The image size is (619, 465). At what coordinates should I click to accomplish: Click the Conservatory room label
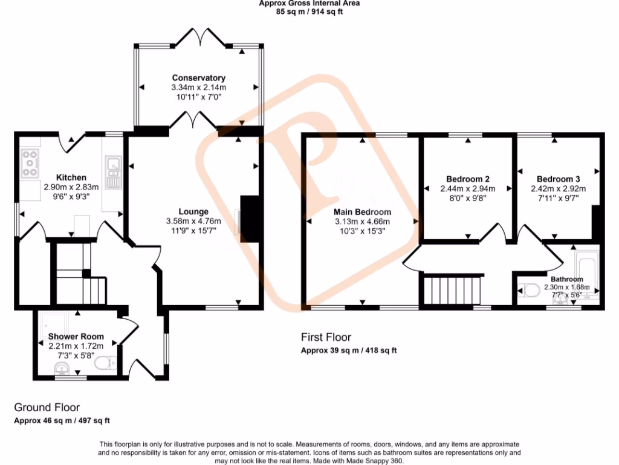click(x=198, y=78)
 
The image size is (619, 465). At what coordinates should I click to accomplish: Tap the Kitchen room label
click(x=71, y=177)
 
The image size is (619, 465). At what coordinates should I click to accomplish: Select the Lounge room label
click(x=193, y=212)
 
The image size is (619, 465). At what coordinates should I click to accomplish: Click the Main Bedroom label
click(x=362, y=212)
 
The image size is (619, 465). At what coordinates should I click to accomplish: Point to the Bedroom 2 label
click(x=467, y=179)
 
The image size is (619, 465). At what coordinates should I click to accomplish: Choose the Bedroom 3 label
click(x=558, y=179)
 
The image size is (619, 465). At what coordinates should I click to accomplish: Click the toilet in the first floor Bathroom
click(x=530, y=291)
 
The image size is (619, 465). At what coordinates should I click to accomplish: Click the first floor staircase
click(x=452, y=289)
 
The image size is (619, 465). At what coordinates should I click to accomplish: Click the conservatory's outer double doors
click(x=199, y=36)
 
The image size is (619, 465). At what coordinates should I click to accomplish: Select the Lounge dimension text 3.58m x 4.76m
click(x=193, y=221)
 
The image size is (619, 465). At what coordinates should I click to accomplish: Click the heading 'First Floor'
click(x=326, y=337)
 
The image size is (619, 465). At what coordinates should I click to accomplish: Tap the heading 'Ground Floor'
click(x=47, y=407)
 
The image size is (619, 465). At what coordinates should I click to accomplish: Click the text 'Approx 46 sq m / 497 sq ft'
click(x=62, y=420)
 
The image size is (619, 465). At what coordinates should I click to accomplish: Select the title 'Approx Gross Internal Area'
click(x=309, y=3)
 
